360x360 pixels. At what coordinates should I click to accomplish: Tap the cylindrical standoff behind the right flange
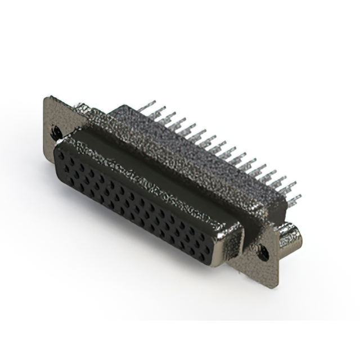291,236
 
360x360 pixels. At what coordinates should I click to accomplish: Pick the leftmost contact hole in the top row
63,155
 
